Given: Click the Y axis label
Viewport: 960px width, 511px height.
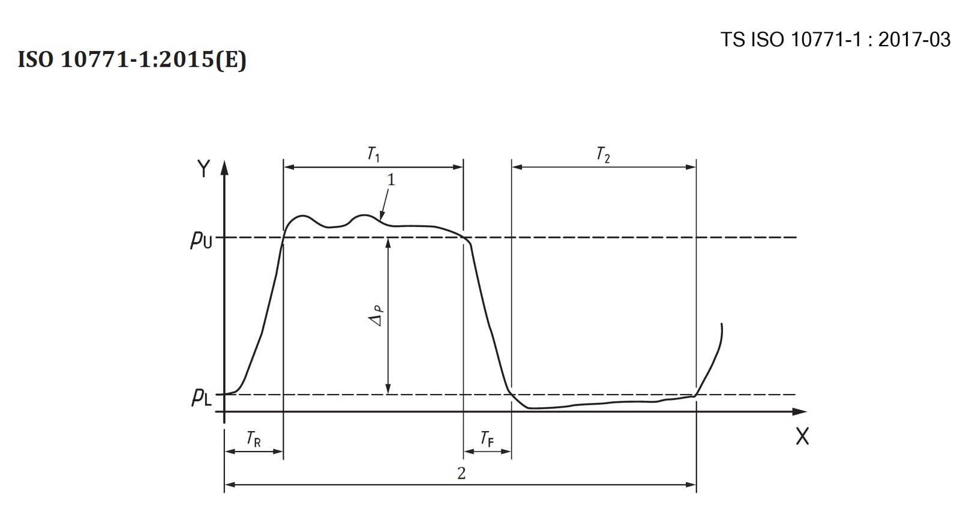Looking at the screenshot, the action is [x=203, y=169].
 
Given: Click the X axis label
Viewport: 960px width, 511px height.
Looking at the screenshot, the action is [x=802, y=437].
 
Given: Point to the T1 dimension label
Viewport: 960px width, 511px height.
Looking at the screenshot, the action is [x=373, y=154].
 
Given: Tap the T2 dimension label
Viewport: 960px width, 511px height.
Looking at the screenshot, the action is [x=603, y=154].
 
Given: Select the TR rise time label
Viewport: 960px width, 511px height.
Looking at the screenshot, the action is [x=253, y=439].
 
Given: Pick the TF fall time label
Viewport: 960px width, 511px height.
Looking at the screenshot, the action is [x=487, y=439].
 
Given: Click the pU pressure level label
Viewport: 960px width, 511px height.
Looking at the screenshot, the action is [x=201, y=240].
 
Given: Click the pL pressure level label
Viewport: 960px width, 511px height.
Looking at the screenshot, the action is [x=201, y=397].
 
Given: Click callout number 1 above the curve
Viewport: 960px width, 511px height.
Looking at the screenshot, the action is [x=391, y=180].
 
